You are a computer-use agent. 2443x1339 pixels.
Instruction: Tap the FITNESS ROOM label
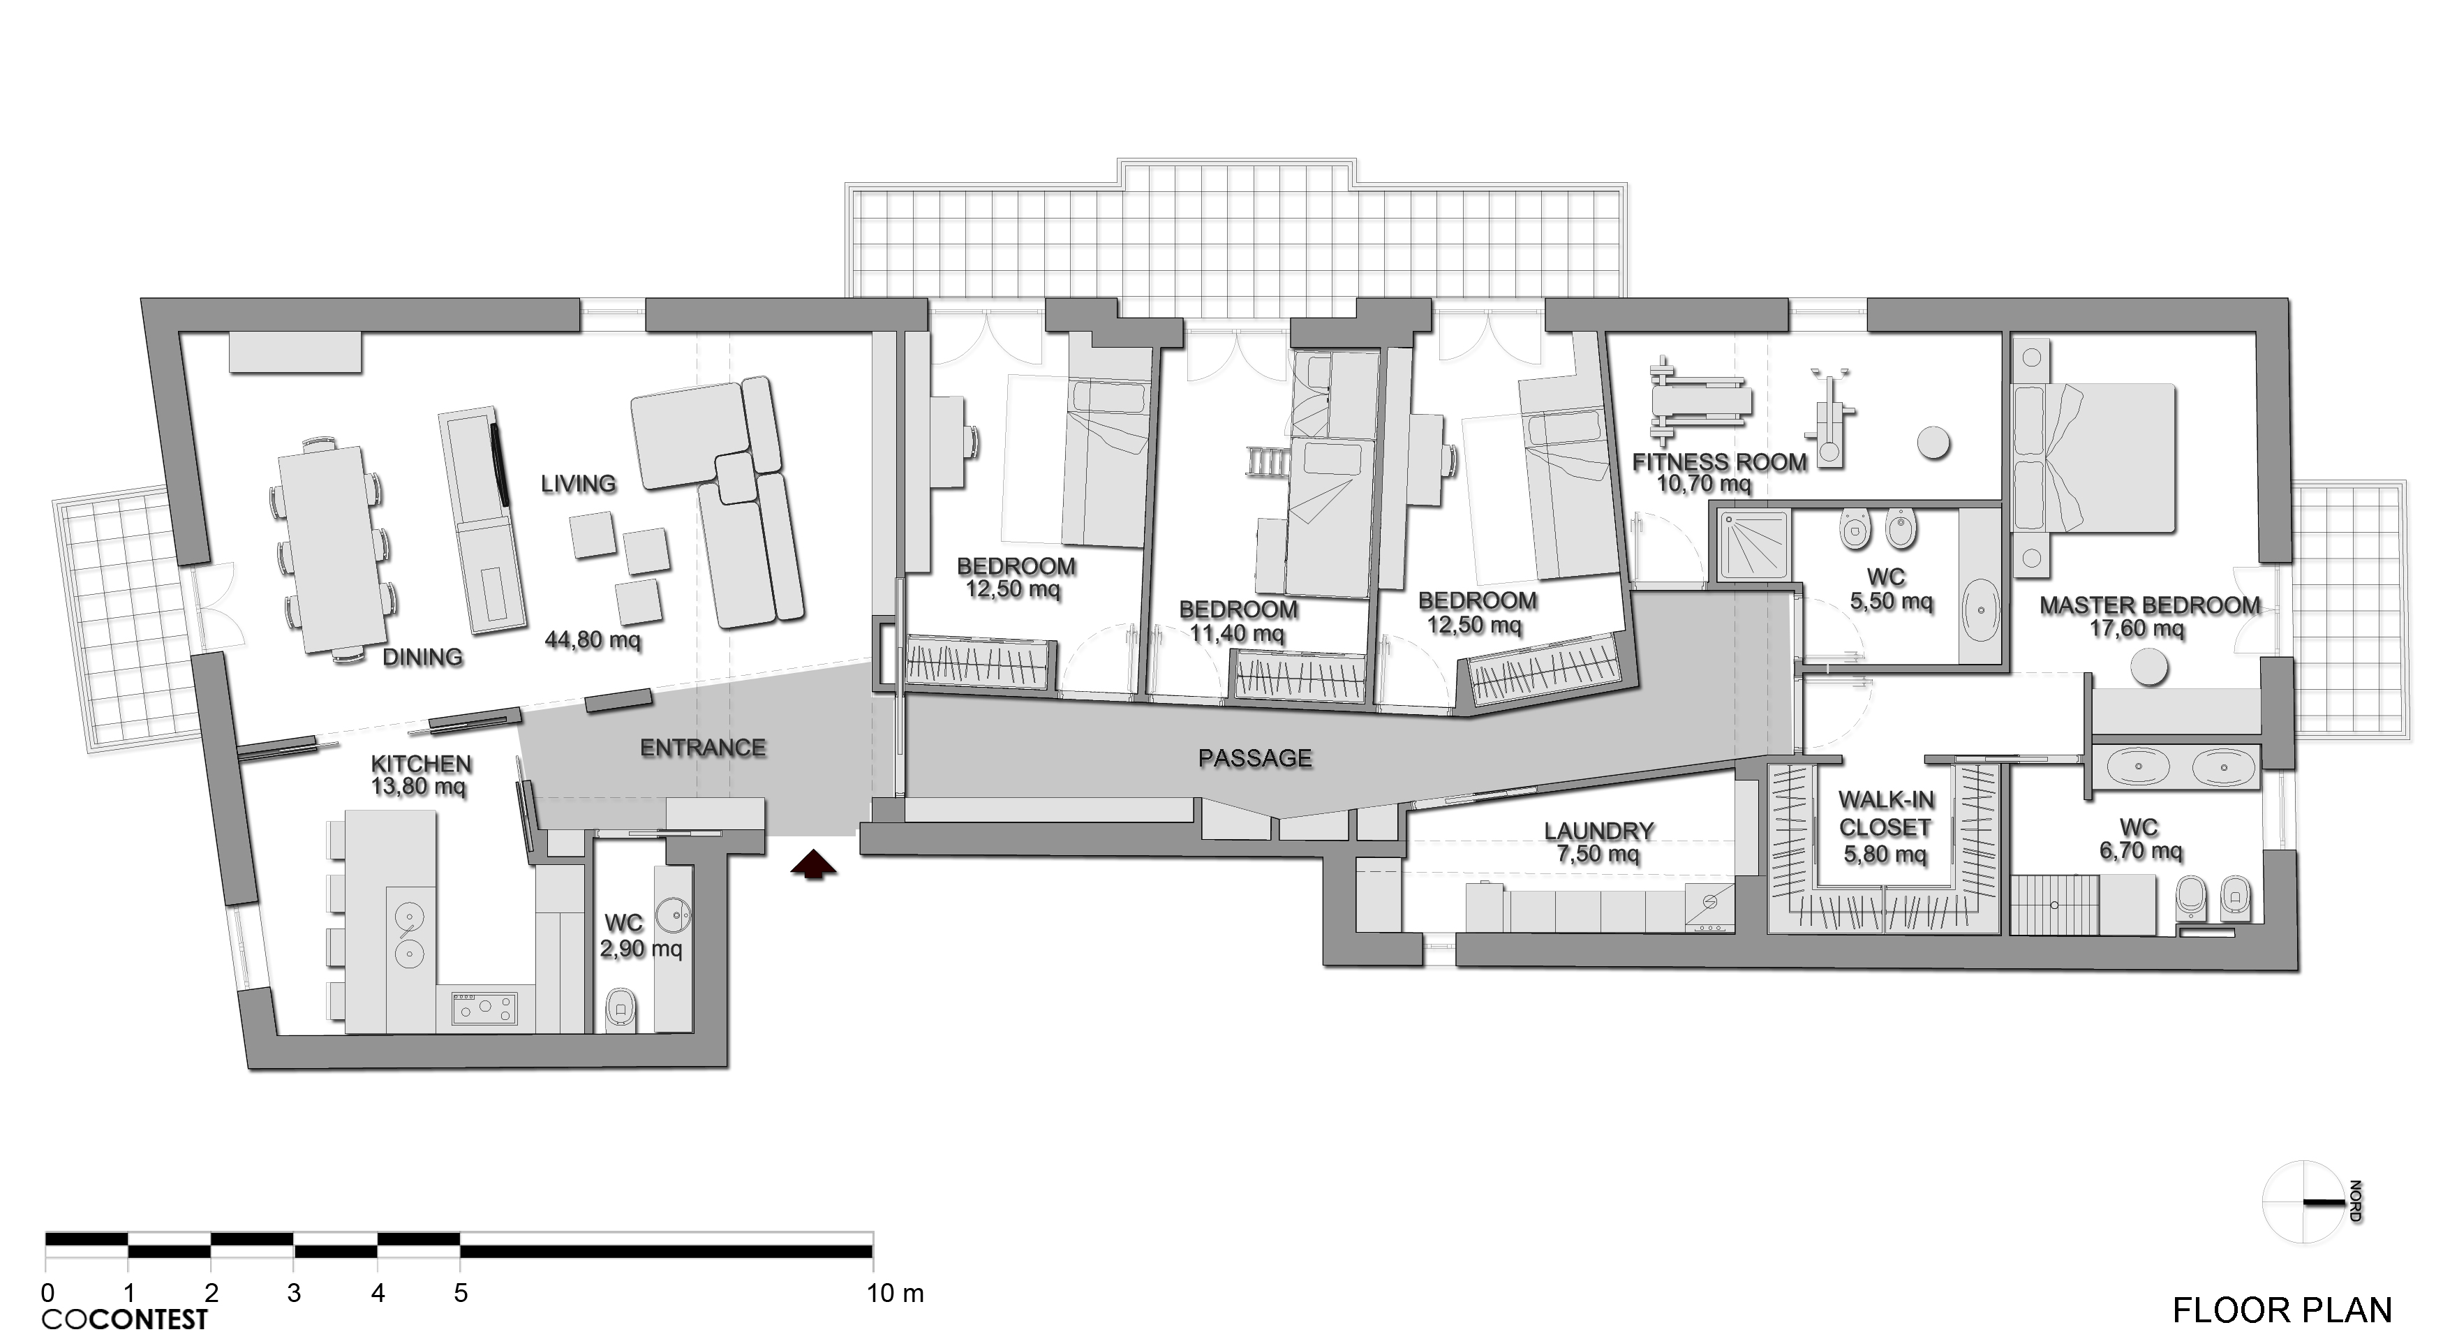(x=1719, y=463)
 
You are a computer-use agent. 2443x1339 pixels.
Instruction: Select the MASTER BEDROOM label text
(x=2150, y=605)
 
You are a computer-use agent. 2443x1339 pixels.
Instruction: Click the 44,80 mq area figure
(x=593, y=640)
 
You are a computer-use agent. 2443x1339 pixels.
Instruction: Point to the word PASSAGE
(x=1256, y=757)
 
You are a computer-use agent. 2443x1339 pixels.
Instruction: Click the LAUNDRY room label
(x=1599, y=831)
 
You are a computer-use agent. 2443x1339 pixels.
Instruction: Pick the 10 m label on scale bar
(x=894, y=1292)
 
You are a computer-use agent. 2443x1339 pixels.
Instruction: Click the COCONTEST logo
(x=124, y=1319)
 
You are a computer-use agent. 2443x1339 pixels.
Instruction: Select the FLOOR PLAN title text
(x=2282, y=1310)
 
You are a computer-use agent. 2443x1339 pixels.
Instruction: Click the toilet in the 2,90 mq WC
(x=622, y=1008)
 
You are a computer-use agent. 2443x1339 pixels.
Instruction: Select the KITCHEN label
(x=421, y=763)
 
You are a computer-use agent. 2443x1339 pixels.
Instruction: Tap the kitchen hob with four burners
(x=484, y=1008)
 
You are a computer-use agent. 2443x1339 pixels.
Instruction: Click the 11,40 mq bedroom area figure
(x=1238, y=633)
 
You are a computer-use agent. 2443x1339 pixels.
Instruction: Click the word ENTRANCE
(x=703, y=747)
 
